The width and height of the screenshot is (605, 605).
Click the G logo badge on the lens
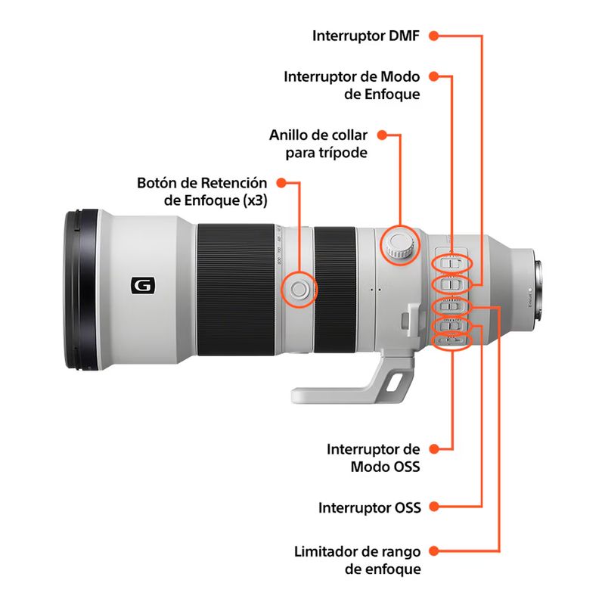pyautogui.click(x=141, y=286)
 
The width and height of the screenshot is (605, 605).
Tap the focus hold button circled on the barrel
pyautogui.click(x=297, y=288)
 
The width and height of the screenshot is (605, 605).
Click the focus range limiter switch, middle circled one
pyautogui.click(x=451, y=306)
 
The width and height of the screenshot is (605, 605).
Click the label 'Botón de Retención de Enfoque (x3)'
pyautogui.click(x=202, y=191)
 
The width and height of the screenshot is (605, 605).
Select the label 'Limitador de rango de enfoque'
pyautogui.click(x=357, y=560)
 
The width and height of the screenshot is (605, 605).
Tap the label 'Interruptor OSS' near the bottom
pyautogui.click(x=369, y=507)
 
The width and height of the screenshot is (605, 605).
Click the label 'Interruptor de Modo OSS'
pyautogui.click(x=373, y=458)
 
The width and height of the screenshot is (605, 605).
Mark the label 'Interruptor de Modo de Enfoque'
pyautogui.click(x=352, y=85)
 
